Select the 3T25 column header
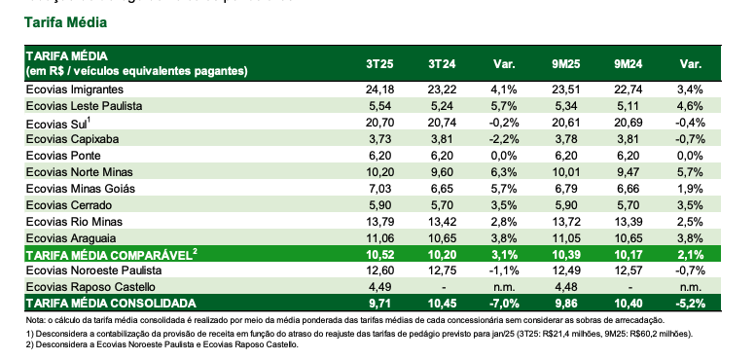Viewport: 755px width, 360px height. click(379, 64)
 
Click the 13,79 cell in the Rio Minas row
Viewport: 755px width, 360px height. click(379, 222)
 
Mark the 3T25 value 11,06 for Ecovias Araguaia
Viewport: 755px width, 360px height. click(379, 238)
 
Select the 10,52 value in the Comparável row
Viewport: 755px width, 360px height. click(379, 255)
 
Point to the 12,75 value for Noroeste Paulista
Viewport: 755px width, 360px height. click(442, 270)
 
